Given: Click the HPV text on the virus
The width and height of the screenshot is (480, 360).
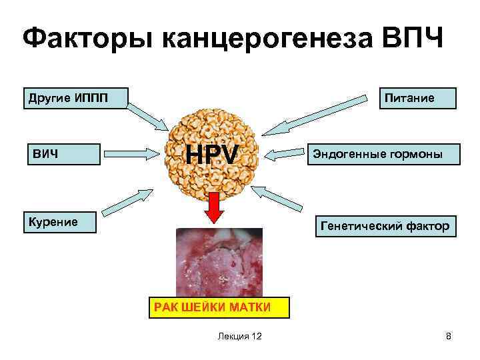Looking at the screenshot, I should [x=212, y=155].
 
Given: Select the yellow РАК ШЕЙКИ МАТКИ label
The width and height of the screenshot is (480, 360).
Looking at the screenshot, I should [x=212, y=307].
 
